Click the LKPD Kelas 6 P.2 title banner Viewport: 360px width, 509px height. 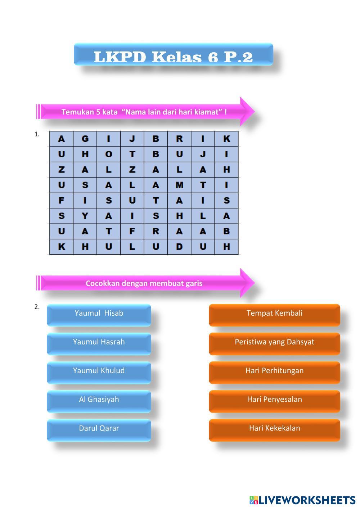tap(173, 55)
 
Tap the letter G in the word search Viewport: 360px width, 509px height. tap(85, 139)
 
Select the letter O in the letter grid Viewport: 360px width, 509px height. tap(108, 154)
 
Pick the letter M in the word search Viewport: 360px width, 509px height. tap(179, 185)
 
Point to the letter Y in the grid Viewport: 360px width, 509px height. tap(85, 216)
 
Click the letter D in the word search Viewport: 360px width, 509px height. tap(179, 247)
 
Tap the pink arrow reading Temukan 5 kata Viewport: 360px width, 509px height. tap(144, 112)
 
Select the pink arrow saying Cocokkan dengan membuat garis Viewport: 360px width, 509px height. tap(144, 283)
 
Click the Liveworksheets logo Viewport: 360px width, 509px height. tap(302, 500)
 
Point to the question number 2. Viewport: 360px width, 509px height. tap(37, 307)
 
